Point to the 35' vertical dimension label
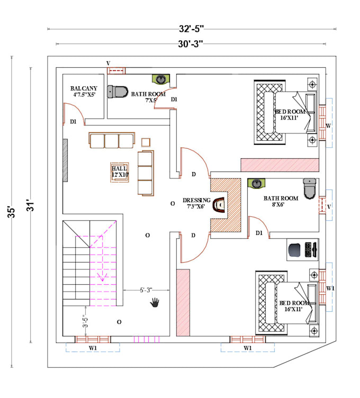point(11,212)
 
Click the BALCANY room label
point(83,92)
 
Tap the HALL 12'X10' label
point(120,170)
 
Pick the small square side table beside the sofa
point(146,142)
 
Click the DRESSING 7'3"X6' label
point(196,203)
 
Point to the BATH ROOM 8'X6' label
point(281,201)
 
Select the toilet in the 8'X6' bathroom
point(309,187)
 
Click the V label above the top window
point(108,63)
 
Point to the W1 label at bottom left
point(93,348)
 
